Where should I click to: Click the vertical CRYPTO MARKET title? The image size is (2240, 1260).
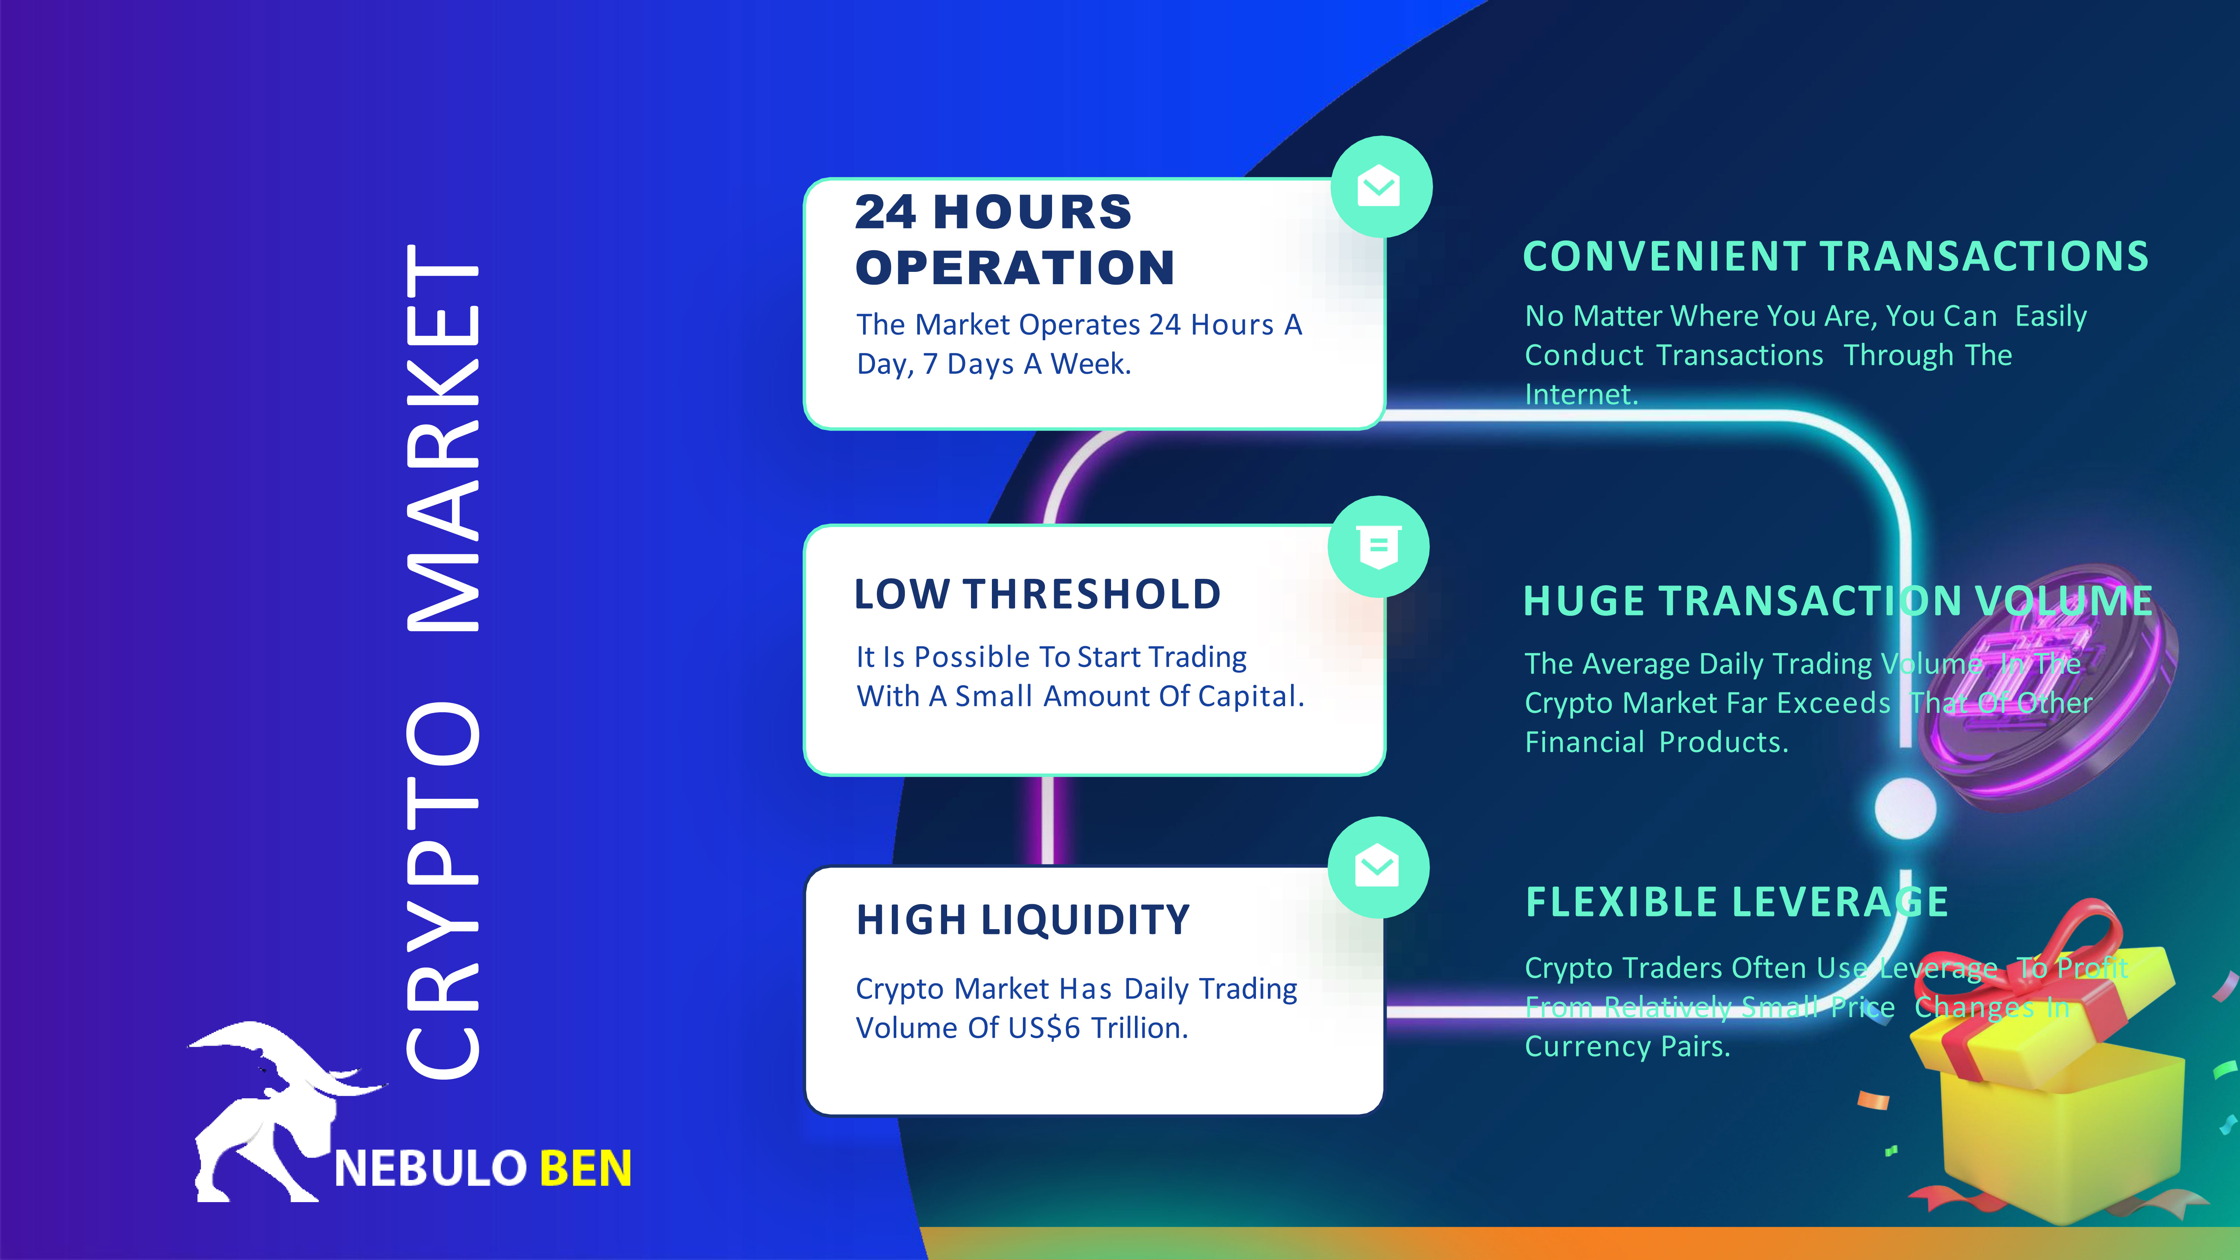tap(443, 661)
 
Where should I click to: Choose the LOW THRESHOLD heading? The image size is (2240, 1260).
tap(1037, 595)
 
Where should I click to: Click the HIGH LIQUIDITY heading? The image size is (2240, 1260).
tap(1023, 920)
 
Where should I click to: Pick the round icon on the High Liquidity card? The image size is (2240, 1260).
tap(1378, 867)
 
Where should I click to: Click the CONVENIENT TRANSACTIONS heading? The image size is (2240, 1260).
tap(1836, 257)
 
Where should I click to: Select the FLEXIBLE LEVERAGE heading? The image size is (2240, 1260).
tap(1737, 902)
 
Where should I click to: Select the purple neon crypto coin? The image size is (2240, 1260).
tap(2052, 687)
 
